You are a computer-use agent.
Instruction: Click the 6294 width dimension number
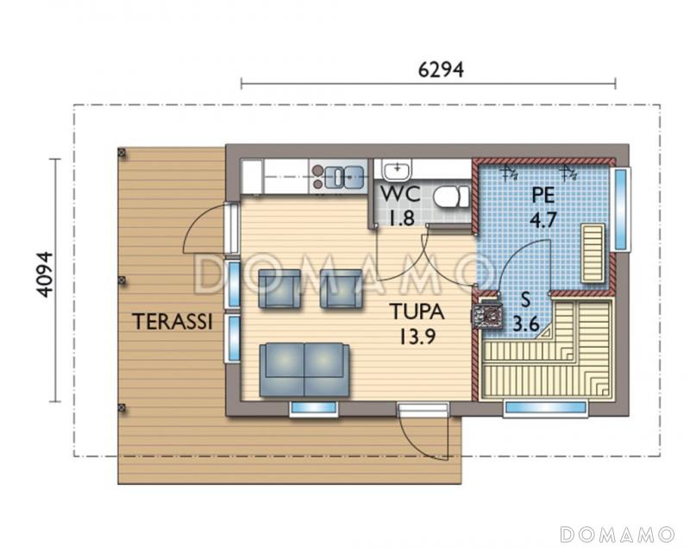click(441, 69)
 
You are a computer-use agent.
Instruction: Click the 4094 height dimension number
click(45, 274)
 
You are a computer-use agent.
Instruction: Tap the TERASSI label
click(173, 321)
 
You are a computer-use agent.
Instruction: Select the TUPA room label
click(417, 312)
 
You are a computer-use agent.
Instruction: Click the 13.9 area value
click(417, 337)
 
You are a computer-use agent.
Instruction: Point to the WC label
click(400, 194)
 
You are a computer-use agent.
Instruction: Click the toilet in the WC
click(451, 196)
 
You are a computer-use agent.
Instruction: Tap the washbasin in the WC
click(398, 170)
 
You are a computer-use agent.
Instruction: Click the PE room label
click(543, 195)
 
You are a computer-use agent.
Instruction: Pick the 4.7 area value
click(543, 219)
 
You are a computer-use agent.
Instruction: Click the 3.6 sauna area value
click(526, 324)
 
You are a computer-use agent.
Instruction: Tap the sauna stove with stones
click(486, 314)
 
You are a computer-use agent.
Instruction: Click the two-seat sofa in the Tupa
click(304, 369)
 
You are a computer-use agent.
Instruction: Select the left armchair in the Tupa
click(279, 289)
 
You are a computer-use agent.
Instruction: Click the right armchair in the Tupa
click(341, 289)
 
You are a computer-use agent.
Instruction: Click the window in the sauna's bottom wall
click(546, 407)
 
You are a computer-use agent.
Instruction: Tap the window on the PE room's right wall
click(620, 209)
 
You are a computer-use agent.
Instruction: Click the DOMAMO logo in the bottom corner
click(618, 534)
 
